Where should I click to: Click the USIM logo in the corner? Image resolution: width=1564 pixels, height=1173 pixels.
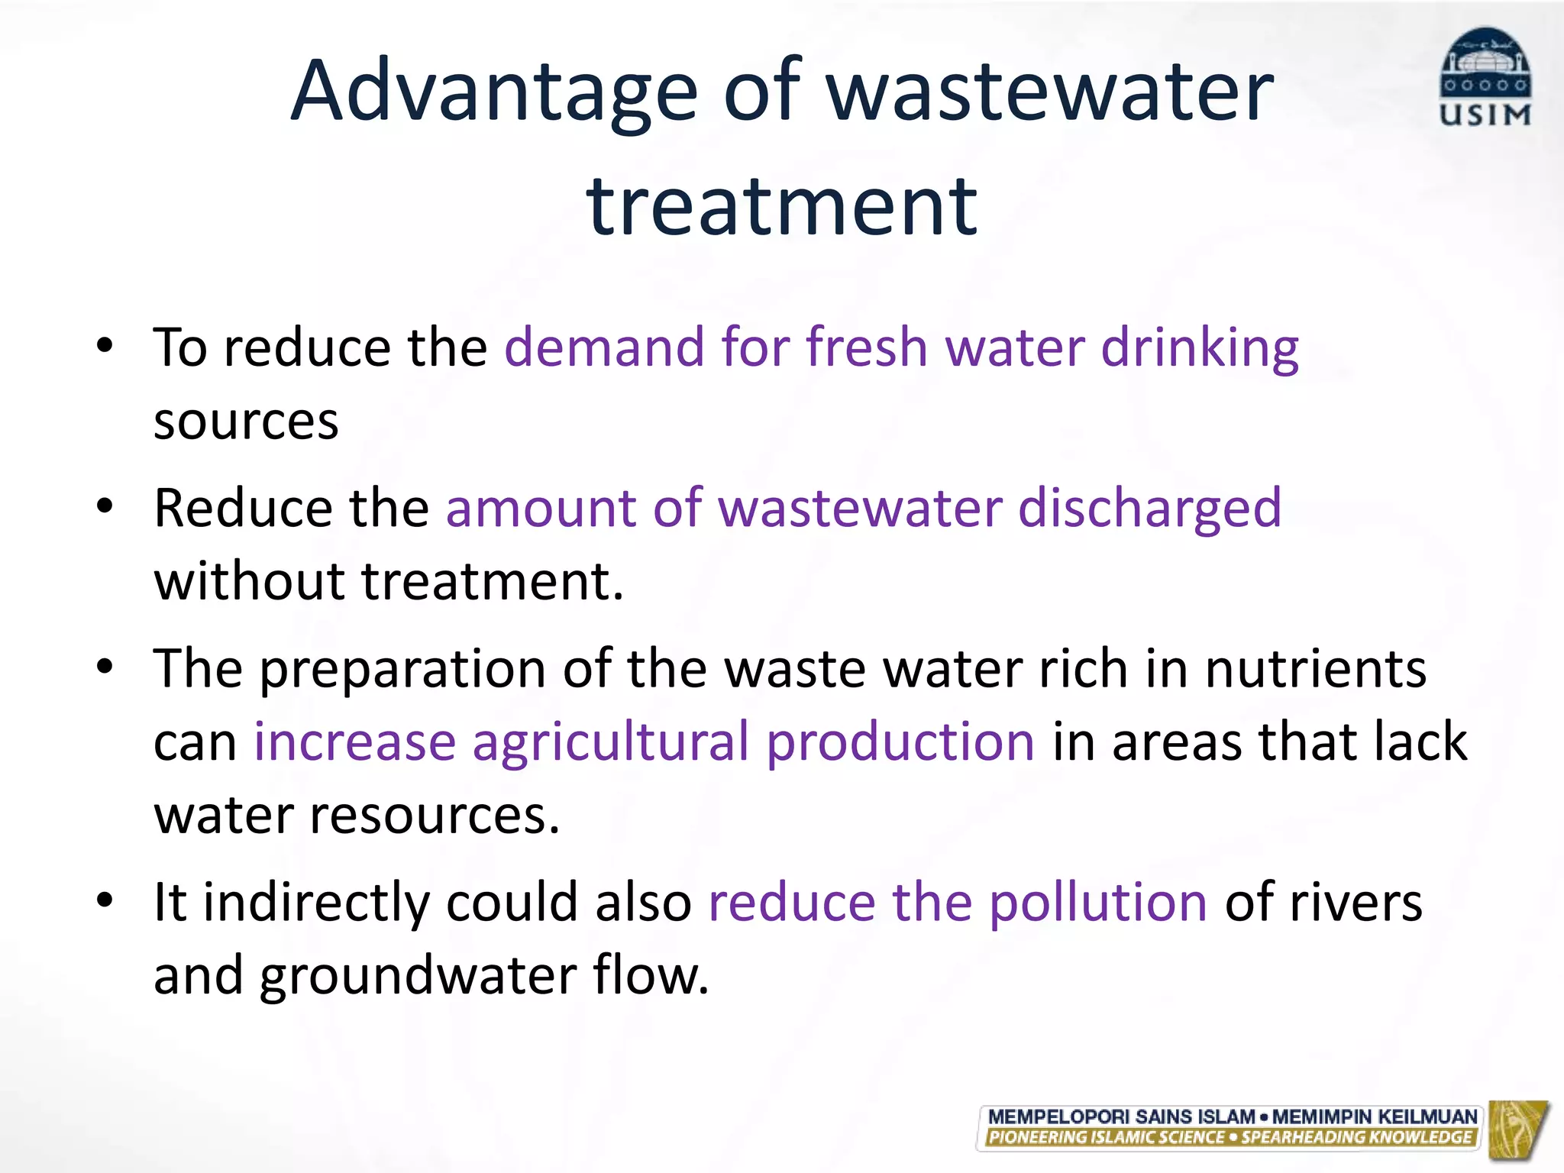[x=1485, y=76]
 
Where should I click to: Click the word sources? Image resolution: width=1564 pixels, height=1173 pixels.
[x=246, y=422]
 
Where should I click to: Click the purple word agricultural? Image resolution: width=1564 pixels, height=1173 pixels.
[x=611, y=743]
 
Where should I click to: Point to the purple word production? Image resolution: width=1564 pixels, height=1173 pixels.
[x=900, y=743]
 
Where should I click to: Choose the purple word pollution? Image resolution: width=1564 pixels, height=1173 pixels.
[x=1098, y=903]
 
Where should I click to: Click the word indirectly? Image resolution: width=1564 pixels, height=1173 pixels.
[x=316, y=903]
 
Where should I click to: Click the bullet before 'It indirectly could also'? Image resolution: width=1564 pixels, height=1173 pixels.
[x=105, y=900]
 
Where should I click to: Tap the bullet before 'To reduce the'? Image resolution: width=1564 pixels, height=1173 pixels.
[x=105, y=344]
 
